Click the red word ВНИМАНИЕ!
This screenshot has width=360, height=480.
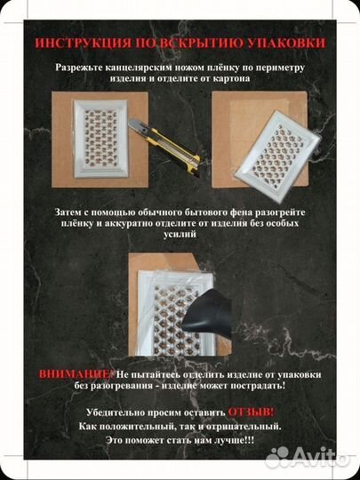click(78, 374)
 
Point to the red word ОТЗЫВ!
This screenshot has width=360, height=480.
click(251, 412)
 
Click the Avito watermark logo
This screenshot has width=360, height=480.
click(307, 457)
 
